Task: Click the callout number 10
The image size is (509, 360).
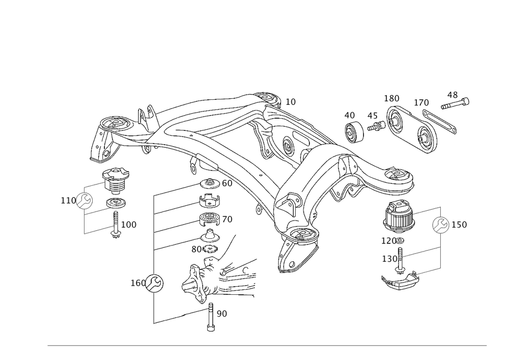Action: point(290,102)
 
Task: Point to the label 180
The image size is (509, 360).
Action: point(392,98)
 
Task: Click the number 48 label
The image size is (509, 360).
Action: point(452,95)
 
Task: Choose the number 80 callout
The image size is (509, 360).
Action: point(196,250)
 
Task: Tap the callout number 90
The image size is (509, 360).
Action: point(221,314)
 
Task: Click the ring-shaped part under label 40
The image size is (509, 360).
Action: point(354,134)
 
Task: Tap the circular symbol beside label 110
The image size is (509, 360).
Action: point(84,202)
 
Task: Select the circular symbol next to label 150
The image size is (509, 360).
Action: point(441,225)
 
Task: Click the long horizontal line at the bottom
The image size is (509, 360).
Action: point(267,346)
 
